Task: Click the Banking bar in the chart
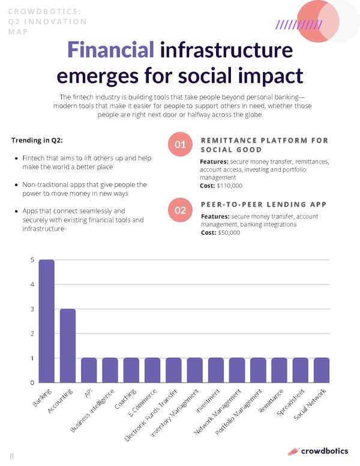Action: [x=47, y=321]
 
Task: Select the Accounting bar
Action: [x=68, y=346]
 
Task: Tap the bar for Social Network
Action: [x=322, y=370]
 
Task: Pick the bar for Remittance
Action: [x=279, y=370]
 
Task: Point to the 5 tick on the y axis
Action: [x=32, y=261]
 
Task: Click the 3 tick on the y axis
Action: [x=32, y=309]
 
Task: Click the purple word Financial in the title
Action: [x=108, y=50]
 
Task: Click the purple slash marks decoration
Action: [x=298, y=25]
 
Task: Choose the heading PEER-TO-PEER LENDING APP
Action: [x=265, y=204]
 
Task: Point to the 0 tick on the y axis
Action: [x=32, y=383]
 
